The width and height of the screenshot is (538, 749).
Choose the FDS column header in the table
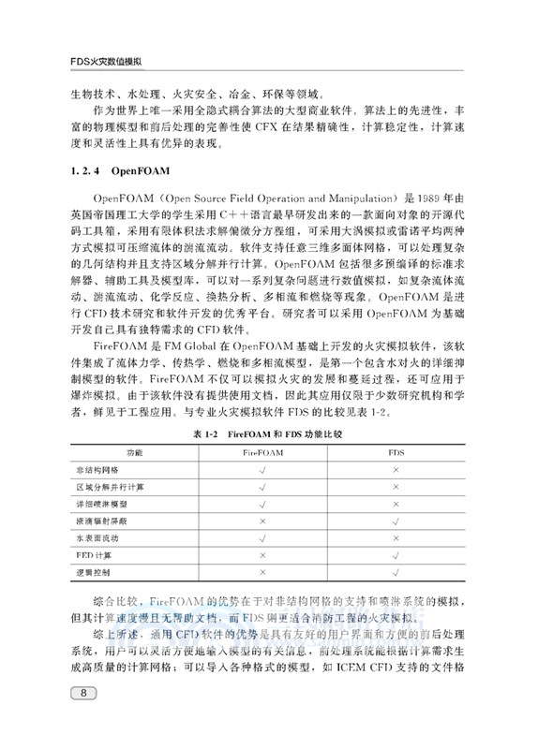click(396, 453)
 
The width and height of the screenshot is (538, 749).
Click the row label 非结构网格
click(97, 470)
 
